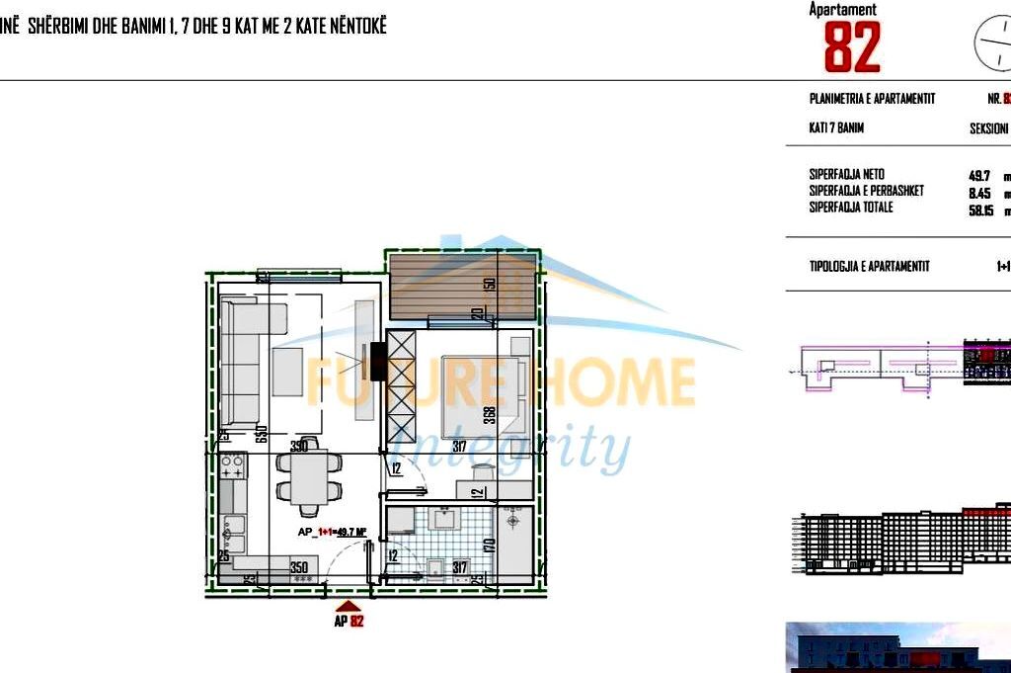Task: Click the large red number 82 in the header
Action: point(851,47)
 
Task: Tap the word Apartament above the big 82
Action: point(842,9)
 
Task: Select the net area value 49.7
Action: point(979,175)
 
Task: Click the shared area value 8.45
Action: point(979,192)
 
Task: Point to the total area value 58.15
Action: point(981,210)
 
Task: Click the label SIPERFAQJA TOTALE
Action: point(851,208)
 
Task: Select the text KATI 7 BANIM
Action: point(836,128)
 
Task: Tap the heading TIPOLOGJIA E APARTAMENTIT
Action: point(869,267)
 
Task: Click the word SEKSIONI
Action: point(988,129)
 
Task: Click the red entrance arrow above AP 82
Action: point(348,607)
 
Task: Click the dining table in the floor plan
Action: point(308,481)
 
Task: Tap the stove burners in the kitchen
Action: point(233,467)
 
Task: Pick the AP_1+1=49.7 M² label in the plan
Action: point(334,532)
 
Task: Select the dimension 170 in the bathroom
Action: point(489,543)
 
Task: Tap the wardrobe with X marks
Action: point(402,386)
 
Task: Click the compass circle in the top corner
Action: point(993,42)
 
